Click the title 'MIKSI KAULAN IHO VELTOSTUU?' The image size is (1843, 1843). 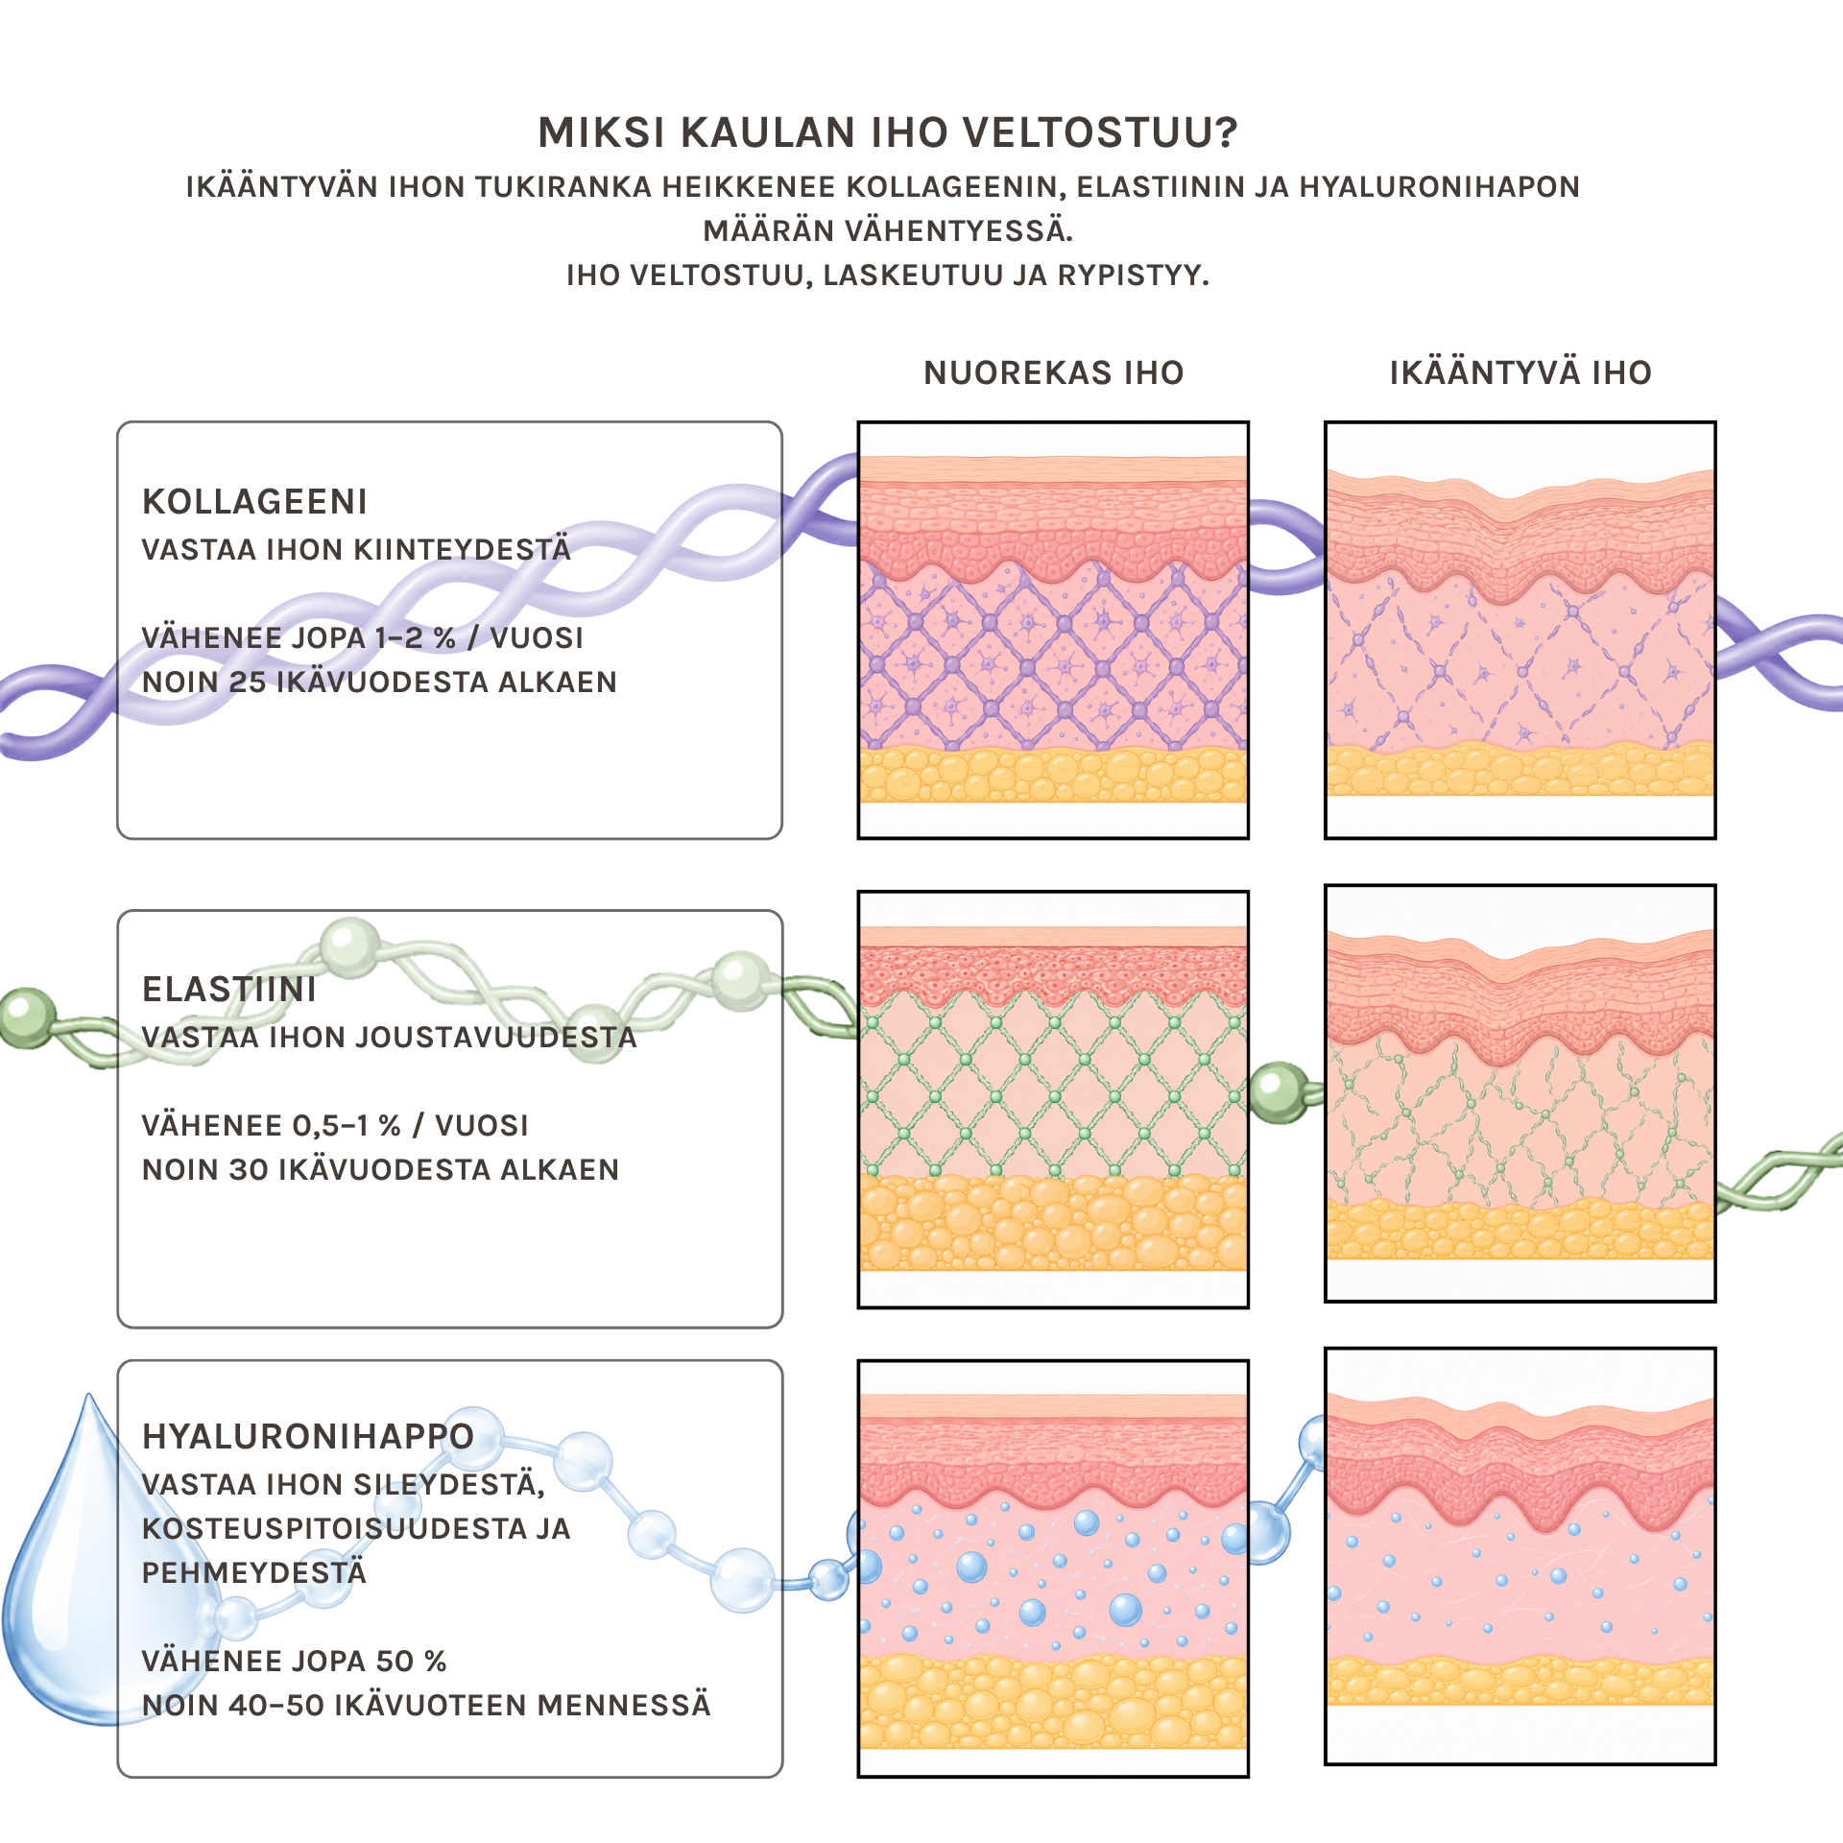[888, 132]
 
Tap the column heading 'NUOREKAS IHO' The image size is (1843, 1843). [1054, 372]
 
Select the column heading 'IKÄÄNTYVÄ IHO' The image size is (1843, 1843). [1520, 371]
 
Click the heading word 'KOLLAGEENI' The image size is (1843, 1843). [254, 501]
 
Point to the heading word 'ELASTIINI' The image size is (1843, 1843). [229, 989]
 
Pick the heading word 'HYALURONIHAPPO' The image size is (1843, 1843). [308, 1436]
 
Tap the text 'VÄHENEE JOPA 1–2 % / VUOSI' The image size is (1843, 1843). [363, 637]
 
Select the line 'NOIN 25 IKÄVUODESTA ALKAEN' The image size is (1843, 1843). [379, 682]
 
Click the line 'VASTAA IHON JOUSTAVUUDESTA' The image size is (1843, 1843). [389, 1037]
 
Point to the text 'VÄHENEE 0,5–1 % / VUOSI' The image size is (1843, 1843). [335, 1125]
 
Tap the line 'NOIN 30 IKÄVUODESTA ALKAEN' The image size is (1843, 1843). [380, 1169]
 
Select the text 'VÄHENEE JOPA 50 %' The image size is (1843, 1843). [295, 1661]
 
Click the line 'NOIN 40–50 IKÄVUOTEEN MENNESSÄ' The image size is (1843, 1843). [426, 1705]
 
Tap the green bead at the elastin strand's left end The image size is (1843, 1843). [27, 1017]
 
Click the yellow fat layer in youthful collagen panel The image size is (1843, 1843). [1053, 774]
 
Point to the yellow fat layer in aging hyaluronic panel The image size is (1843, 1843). [1520, 1680]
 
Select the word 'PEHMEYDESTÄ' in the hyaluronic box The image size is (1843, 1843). [254, 1572]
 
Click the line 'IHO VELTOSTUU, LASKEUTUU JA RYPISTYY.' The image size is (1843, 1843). [888, 275]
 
